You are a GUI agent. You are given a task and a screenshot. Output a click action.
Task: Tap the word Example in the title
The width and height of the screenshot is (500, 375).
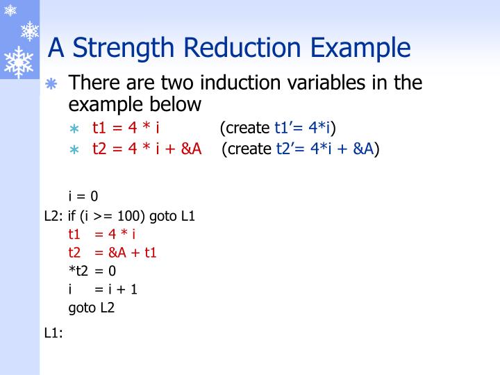(360, 48)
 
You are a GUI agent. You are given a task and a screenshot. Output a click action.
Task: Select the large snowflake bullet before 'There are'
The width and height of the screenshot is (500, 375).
(51, 84)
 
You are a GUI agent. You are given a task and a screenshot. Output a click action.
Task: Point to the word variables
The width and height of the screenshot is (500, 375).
(339, 83)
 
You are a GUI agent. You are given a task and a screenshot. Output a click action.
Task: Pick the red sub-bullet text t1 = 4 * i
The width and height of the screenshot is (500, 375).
(127, 128)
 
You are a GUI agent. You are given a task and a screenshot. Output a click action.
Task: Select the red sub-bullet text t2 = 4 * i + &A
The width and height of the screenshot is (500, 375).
(147, 149)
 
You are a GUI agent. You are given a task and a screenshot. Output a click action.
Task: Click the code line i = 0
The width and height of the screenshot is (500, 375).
(83, 197)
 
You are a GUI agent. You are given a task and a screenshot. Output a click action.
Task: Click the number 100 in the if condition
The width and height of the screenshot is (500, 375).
(133, 215)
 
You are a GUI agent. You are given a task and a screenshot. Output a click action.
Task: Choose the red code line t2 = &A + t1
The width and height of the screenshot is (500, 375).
(112, 252)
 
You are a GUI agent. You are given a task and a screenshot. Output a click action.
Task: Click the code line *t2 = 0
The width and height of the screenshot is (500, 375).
(92, 271)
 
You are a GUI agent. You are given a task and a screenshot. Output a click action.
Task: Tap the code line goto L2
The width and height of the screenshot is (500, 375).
(91, 307)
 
